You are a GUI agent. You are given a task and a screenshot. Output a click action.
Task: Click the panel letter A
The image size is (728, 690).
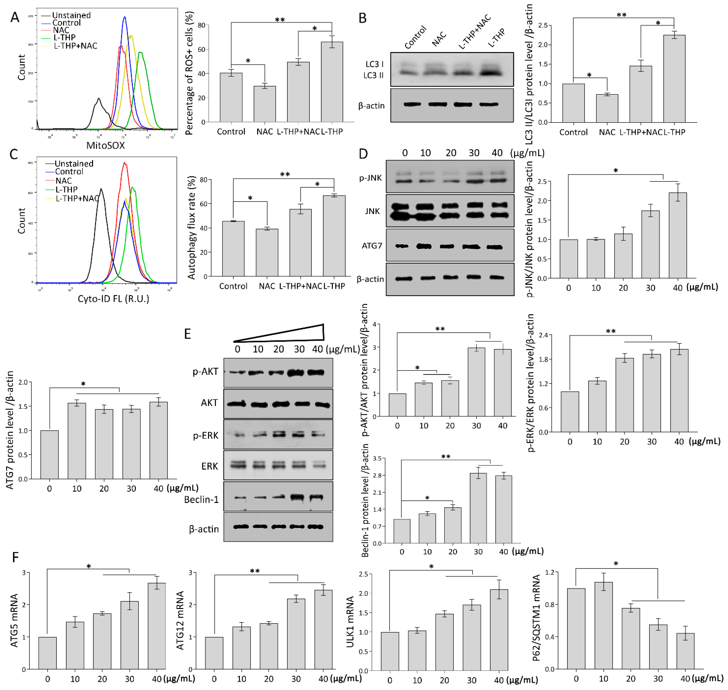tap(15, 17)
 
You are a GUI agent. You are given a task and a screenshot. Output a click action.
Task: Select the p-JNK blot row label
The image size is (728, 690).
tap(370, 178)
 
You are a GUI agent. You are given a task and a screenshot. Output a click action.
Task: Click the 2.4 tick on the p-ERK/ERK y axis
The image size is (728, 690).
tap(543, 335)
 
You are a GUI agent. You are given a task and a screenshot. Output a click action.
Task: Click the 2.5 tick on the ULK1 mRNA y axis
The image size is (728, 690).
tap(373, 574)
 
